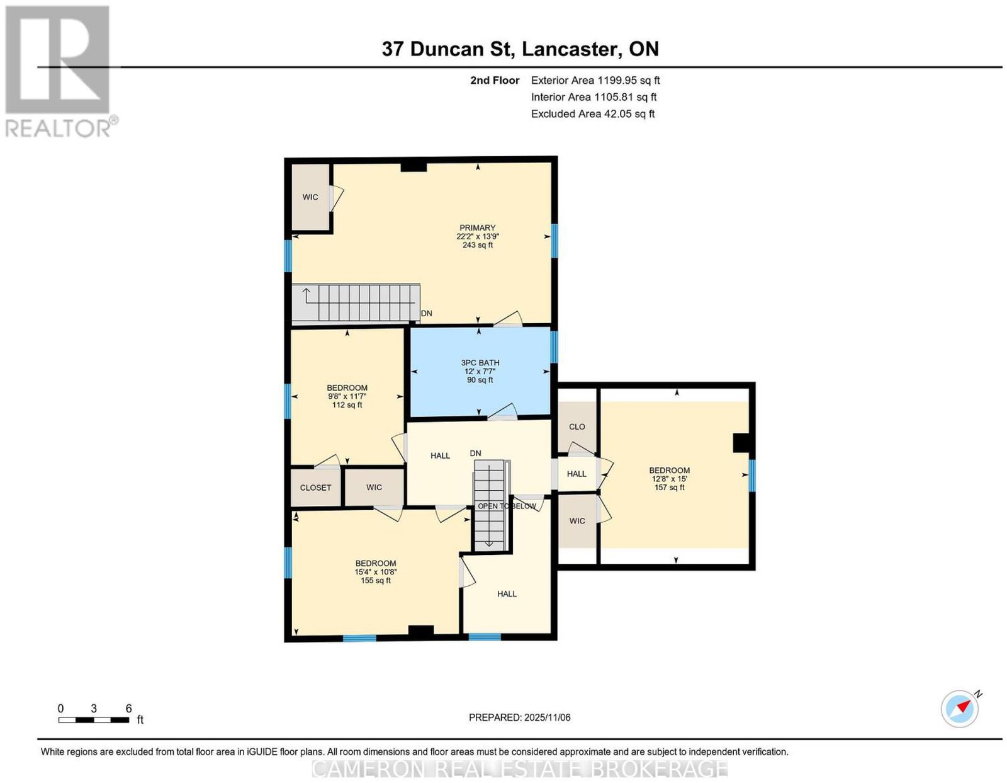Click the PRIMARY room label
[x=477, y=227]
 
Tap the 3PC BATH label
[x=480, y=363]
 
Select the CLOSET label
[x=315, y=488]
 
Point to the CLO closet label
[x=577, y=426]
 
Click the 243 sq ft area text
[x=477, y=245]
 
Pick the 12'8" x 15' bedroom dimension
[x=669, y=479]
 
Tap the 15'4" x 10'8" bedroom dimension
[x=375, y=572]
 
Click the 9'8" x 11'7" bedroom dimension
[x=347, y=396]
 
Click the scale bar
[x=94, y=720]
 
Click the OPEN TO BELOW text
[x=507, y=506]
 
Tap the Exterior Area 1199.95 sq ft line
[x=595, y=80]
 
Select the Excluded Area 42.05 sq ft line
[x=593, y=113]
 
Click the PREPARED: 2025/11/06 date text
[x=519, y=717]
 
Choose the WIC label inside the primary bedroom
[x=310, y=197]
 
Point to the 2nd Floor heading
[x=495, y=80]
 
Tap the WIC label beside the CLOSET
[x=374, y=487]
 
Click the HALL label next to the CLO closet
[x=577, y=474]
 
